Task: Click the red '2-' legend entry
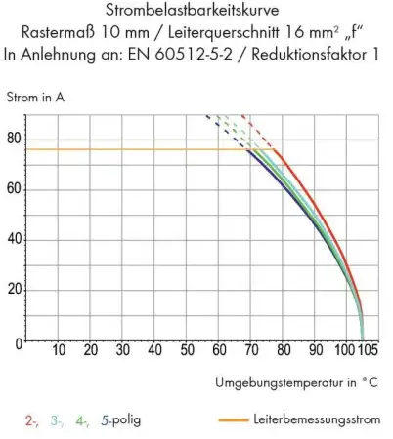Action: tap(32, 420)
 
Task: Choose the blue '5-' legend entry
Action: tap(103, 420)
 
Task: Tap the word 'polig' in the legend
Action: tap(126, 420)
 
